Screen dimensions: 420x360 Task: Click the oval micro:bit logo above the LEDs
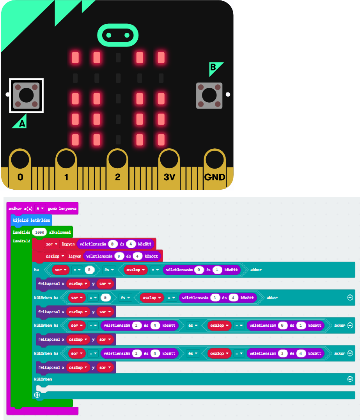click(118, 36)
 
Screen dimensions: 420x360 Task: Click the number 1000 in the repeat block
click(39, 232)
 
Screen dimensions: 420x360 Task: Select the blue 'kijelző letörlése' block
click(31, 221)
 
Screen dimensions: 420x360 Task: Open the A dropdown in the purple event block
click(40, 208)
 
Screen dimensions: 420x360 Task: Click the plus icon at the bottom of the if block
click(37, 395)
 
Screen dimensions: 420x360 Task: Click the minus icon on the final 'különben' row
click(350, 379)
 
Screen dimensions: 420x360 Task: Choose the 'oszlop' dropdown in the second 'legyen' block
click(54, 256)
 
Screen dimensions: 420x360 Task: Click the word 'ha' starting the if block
click(37, 269)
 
